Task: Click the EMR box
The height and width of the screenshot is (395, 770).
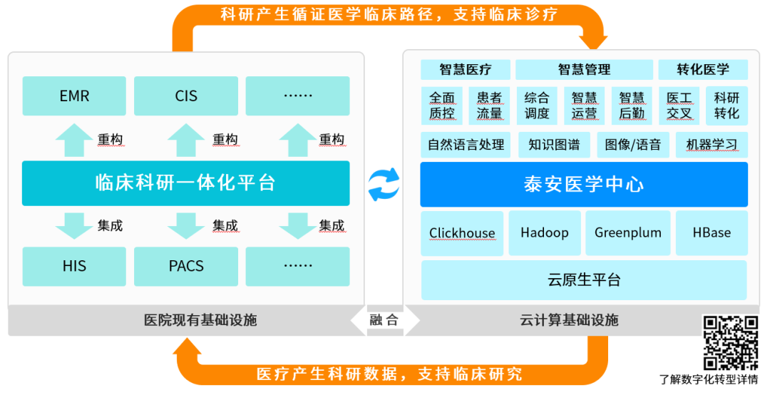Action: pyautogui.click(x=74, y=96)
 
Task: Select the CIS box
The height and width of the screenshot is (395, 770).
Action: pyautogui.click(x=186, y=96)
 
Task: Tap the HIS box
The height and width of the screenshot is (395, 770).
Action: pyautogui.click(x=74, y=266)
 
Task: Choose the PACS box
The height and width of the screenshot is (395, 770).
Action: pyautogui.click(x=186, y=266)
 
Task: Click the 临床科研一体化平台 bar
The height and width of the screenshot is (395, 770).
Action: pyautogui.click(x=185, y=183)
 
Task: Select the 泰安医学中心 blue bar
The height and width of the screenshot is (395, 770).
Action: pyautogui.click(x=584, y=185)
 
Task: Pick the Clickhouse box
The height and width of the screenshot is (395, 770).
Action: pyautogui.click(x=462, y=233)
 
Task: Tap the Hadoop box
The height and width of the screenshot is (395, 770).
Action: pyautogui.click(x=545, y=233)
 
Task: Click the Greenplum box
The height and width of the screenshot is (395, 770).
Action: pyautogui.click(x=628, y=233)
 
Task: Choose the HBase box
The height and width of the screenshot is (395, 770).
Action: pyautogui.click(x=712, y=233)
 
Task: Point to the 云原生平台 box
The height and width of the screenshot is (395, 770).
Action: pyautogui.click(x=584, y=280)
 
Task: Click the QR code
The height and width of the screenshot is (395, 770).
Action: pyautogui.click(x=730, y=343)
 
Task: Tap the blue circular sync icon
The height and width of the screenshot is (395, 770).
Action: pyautogui.click(x=384, y=185)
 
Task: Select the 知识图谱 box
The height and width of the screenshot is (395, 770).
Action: pyautogui.click(x=554, y=145)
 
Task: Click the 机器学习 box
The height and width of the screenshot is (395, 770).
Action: pyautogui.click(x=712, y=145)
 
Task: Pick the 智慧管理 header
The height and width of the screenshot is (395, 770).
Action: pyautogui.click(x=584, y=70)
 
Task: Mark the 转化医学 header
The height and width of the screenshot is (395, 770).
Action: pyautogui.click(x=703, y=70)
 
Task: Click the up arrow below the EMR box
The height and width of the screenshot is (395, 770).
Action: pyautogui.click(x=74, y=140)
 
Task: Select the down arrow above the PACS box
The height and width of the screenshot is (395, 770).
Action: pyautogui.click(x=186, y=226)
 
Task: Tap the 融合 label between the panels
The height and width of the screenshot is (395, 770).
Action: pyautogui.click(x=384, y=320)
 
